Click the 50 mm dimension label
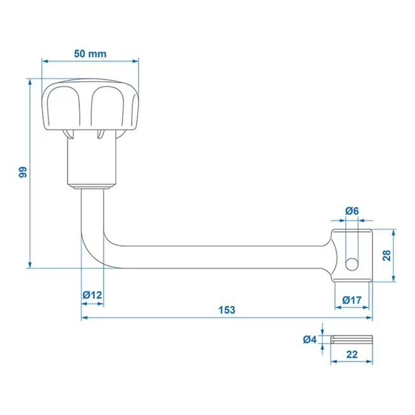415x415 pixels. point(89,54)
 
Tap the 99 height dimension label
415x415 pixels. point(22,172)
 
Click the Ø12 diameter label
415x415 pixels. point(92,294)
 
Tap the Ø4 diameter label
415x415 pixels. point(311,340)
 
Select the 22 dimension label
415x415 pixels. point(351,356)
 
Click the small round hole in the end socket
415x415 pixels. point(351,263)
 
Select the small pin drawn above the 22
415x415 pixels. point(351,339)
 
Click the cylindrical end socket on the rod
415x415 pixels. point(351,255)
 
